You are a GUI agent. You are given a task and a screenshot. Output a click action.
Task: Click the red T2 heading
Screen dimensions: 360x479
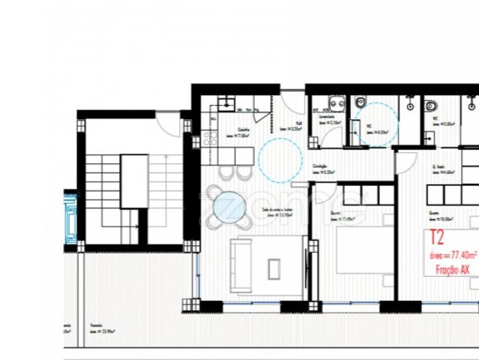tap(437, 238)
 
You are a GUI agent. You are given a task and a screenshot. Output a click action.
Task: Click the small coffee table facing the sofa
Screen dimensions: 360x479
tap(274, 267)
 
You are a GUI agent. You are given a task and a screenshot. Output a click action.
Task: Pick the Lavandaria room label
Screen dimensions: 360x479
tap(328, 118)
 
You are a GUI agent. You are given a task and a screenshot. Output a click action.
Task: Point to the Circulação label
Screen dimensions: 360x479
tap(323, 168)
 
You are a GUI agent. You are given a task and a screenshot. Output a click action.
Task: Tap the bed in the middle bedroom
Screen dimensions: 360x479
tap(360, 254)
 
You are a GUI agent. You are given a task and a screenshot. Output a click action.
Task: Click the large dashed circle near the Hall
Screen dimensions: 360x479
tap(280, 157)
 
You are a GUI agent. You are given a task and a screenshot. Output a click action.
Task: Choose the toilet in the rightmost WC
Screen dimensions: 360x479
tap(430, 105)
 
